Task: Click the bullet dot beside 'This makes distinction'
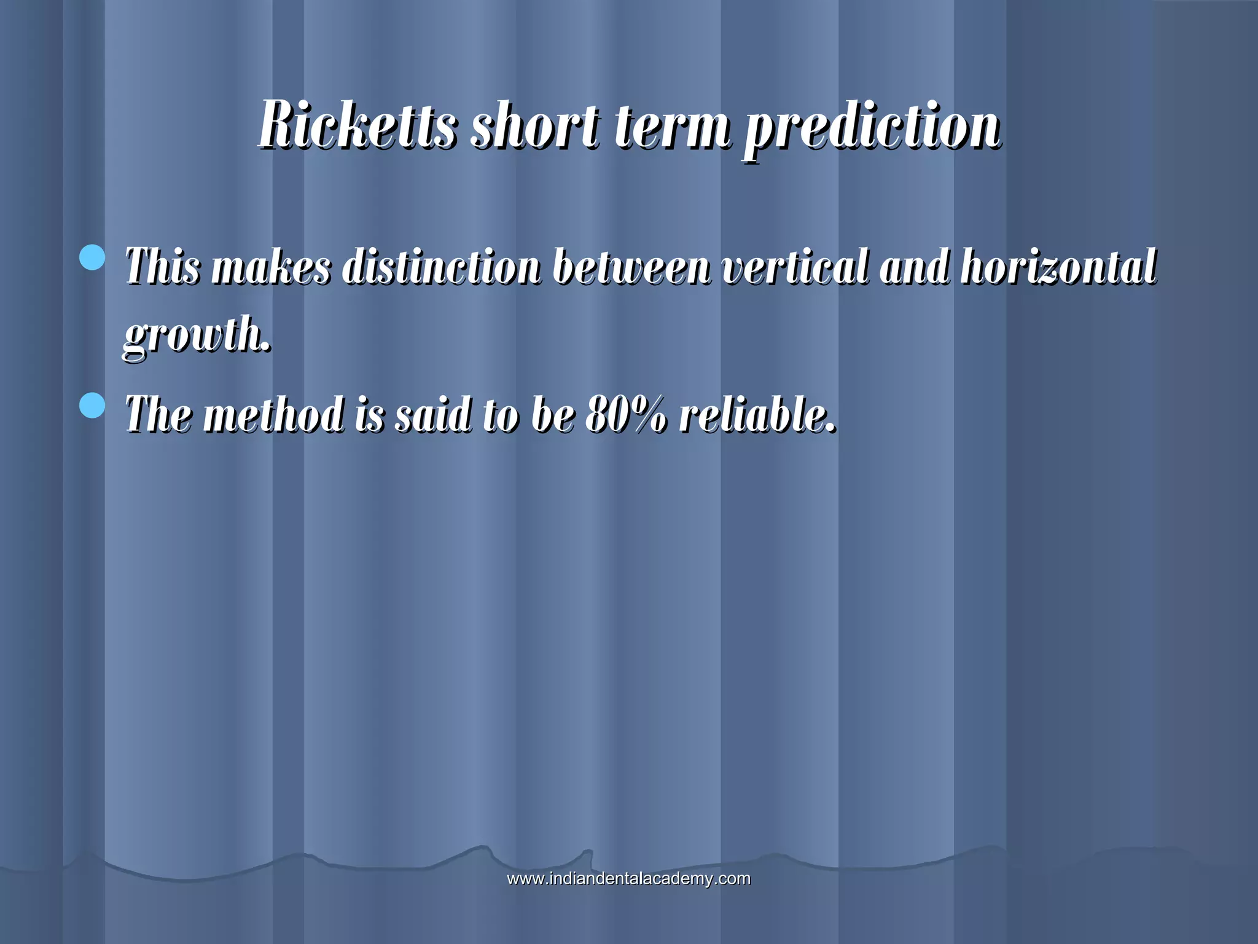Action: click(x=93, y=258)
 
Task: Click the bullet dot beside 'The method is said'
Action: click(x=93, y=406)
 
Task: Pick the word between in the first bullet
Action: click(x=631, y=267)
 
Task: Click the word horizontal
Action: click(x=1058, y=267)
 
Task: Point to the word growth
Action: click(x=197, y=335)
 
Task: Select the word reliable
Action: click(x=757, y=414)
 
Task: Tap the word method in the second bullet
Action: click(x=273, y=414)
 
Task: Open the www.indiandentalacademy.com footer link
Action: click(x=628, y=878)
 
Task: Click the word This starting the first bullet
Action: click(x=163, y=267)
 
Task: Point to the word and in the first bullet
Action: click(x=914, y=267)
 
